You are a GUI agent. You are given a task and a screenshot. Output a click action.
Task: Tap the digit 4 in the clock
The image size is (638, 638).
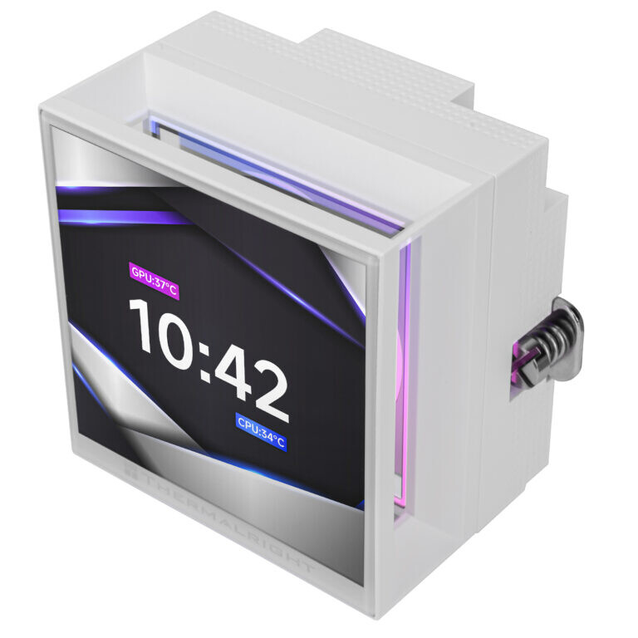[x=237, y=374]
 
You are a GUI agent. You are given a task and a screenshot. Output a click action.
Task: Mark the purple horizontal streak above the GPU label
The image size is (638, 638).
[x=125, y=218]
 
